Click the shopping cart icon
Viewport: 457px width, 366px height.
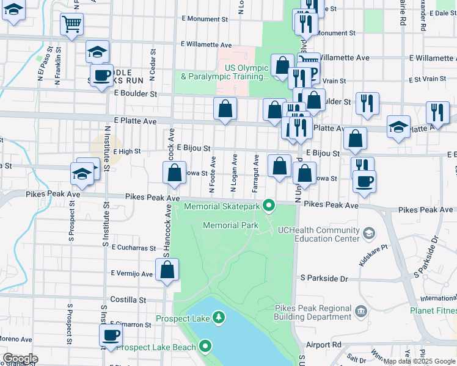71,25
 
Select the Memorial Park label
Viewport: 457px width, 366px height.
230,225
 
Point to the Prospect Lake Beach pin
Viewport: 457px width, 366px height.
205,347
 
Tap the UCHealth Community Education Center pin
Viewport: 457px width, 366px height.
368,232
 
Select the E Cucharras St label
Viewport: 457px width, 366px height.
134,248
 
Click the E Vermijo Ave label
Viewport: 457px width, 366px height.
132,274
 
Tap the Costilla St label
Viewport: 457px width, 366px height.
128,300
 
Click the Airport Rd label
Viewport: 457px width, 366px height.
323,345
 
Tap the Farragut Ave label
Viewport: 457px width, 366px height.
255,173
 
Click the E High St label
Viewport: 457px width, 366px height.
127,151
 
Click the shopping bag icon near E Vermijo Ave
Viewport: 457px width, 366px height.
167,269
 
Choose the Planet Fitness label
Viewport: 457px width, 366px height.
433,310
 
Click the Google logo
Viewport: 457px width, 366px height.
20,359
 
